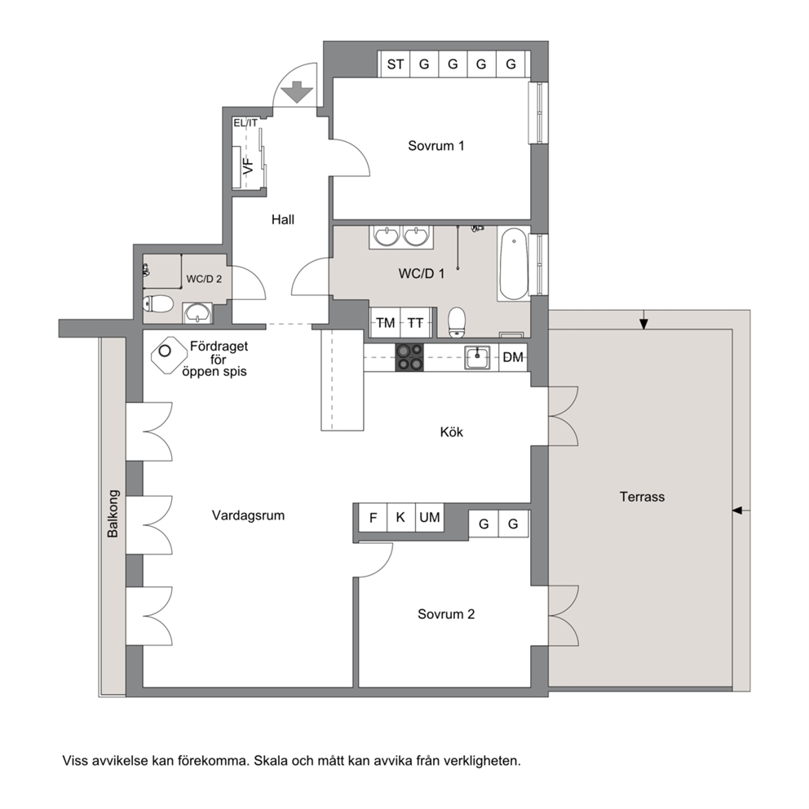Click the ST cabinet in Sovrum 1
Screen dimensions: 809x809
(395, 64)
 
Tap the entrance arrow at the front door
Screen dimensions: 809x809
(297, 92)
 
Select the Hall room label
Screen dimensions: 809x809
(283, 220)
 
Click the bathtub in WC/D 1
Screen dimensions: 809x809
(513, 265)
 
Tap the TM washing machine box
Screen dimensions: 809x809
(385, 323)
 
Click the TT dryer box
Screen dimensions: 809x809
(416, 323)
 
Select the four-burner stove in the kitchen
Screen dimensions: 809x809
(409, 357)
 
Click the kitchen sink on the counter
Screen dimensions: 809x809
(477, 357)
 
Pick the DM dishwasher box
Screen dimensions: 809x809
(513, 357)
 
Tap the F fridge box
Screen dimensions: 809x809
(373, 517)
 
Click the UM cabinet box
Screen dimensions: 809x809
(430, 517)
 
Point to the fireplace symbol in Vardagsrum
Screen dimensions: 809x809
(168, 355)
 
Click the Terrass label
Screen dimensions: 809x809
(642, 497)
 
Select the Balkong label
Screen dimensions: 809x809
(113, 514)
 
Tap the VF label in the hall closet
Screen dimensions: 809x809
(249, 166)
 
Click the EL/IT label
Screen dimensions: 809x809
(245, 123)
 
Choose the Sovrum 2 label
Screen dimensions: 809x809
(446, 614)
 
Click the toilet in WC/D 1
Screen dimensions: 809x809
(457, 323)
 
